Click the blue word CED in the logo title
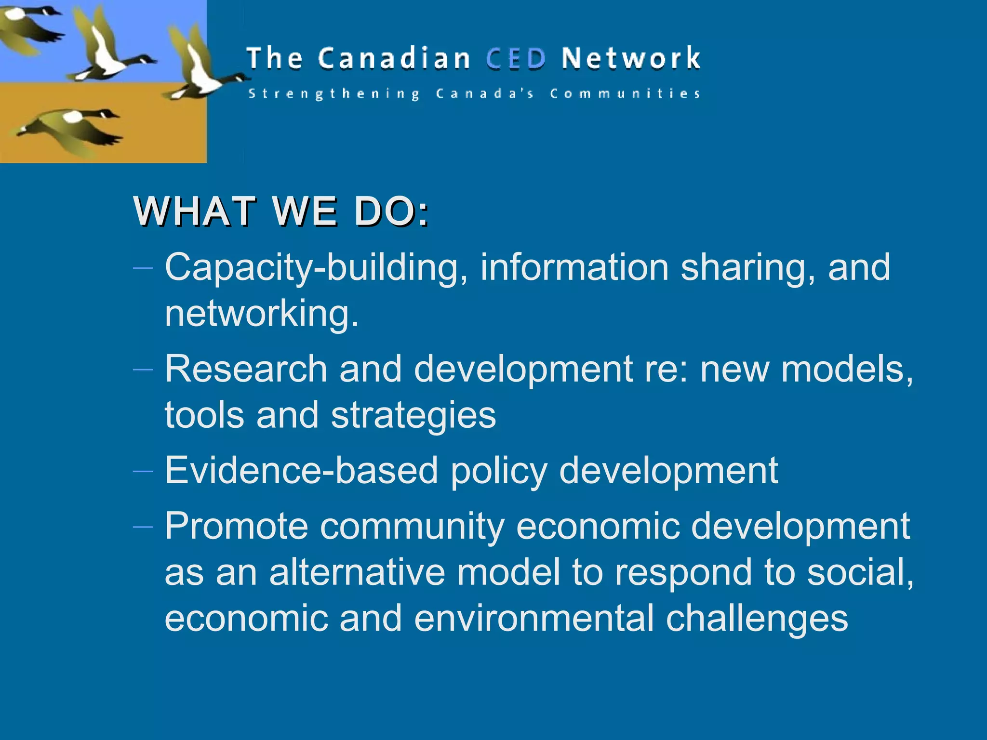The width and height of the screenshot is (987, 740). tap(516, 59)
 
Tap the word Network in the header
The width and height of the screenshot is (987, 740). tap(631, 59)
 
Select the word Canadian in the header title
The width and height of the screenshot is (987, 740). tap(394, 59)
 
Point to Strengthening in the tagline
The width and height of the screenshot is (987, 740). tap(334, 93)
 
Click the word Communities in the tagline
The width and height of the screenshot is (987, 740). tap(625, 93)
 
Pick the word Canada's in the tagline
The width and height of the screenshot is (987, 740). tap(485, 93)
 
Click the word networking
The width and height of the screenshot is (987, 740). tap(262, 314)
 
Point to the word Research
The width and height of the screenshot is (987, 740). tap(246, 369)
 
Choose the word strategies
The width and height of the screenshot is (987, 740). tap(413, 416)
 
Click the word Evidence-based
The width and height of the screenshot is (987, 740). tap(301, 471)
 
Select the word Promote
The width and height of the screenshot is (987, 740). tap(236, 526)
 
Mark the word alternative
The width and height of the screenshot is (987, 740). tap(357, 572)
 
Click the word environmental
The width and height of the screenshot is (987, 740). tap(534, 619)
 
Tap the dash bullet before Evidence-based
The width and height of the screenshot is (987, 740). tap(143, 471)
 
